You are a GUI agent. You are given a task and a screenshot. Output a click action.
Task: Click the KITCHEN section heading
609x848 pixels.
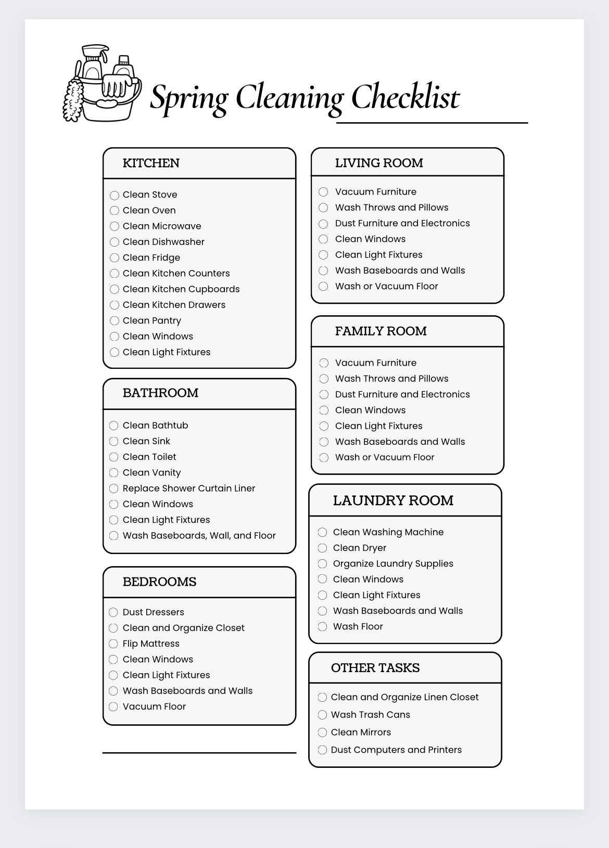151,163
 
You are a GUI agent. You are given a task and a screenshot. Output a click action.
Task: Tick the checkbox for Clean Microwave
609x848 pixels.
115,226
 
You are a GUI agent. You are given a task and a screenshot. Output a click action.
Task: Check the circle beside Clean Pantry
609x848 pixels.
115,321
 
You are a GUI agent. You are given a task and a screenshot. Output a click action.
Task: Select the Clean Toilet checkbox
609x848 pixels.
114,457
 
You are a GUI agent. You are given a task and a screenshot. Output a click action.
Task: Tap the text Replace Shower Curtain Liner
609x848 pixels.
189,489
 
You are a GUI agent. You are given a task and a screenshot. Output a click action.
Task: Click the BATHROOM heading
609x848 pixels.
160,393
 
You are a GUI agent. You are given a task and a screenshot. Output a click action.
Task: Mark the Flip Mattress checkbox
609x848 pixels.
113,644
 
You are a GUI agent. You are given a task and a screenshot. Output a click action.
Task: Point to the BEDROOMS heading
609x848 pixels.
159,582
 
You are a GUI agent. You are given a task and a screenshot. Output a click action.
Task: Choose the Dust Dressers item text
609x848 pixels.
154,612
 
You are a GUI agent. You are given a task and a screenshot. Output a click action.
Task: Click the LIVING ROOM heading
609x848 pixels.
379,163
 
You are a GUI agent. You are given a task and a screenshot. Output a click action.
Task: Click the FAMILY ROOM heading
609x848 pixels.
381,331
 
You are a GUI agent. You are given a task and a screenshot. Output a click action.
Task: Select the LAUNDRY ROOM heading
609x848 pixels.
393,500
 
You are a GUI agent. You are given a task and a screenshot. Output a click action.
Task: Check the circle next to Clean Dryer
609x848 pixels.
323,548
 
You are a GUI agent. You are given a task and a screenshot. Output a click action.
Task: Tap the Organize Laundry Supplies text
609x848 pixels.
393,564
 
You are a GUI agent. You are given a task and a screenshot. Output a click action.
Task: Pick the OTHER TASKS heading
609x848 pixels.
375,668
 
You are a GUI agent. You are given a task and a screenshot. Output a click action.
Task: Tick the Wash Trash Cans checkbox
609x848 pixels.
323,715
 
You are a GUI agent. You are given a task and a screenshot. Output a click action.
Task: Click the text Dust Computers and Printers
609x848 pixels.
396,750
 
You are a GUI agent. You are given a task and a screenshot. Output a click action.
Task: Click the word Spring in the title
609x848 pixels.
189,98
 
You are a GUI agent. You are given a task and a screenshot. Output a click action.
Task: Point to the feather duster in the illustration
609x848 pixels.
73,99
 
